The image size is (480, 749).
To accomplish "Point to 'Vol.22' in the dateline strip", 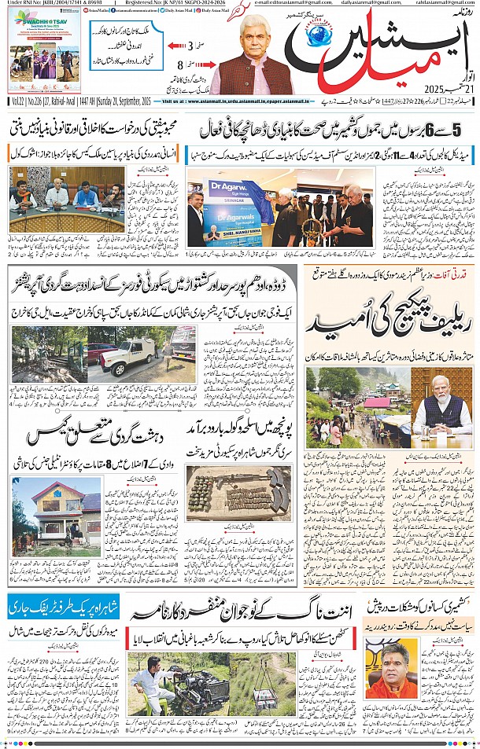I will tap(18, 102).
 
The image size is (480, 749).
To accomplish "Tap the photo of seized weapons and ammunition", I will tap(238, 493).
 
